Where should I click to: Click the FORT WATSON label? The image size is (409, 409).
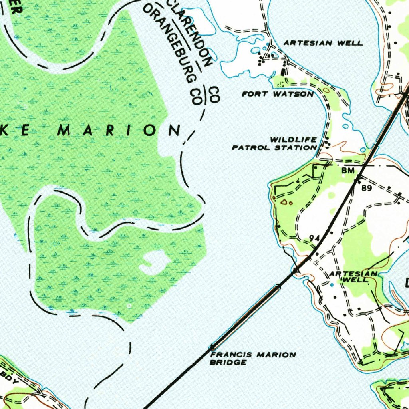(x=278, y=94)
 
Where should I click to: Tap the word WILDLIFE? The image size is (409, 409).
(x=294, y=140)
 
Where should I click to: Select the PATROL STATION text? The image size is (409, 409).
(x=274, y=147)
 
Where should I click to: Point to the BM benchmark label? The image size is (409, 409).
(x=348, y=171)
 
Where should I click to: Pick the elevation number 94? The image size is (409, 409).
(x=314, y=238)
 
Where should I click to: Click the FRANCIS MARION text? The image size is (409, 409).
(x=253, y=355)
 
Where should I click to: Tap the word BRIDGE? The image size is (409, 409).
(x=228, y=362)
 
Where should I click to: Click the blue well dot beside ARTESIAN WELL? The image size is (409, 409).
(x=331, y=284)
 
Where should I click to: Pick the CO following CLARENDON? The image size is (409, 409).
(x=214, y=95)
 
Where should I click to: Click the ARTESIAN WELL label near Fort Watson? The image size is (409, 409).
(x=323, y=43)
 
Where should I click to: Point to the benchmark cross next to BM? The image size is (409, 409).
(x=358, y=176)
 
